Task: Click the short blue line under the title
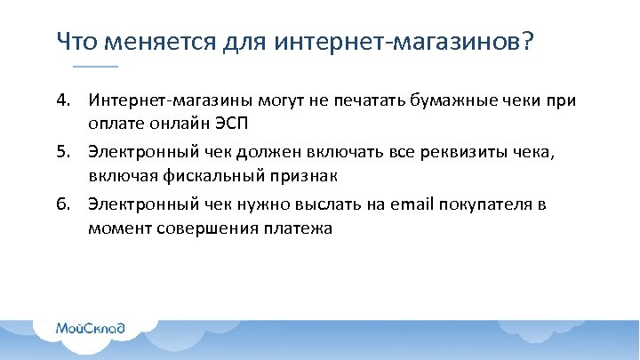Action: [94, 67]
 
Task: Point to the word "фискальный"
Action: [196, 176]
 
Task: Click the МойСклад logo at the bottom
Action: [91, 329]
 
